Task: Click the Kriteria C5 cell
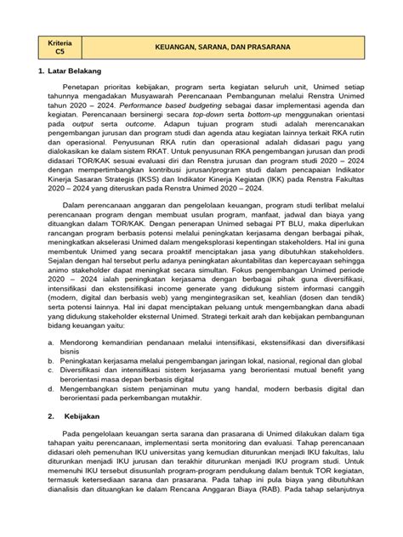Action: click(x=66, y=43)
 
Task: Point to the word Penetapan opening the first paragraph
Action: click(x=99, y=110)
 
